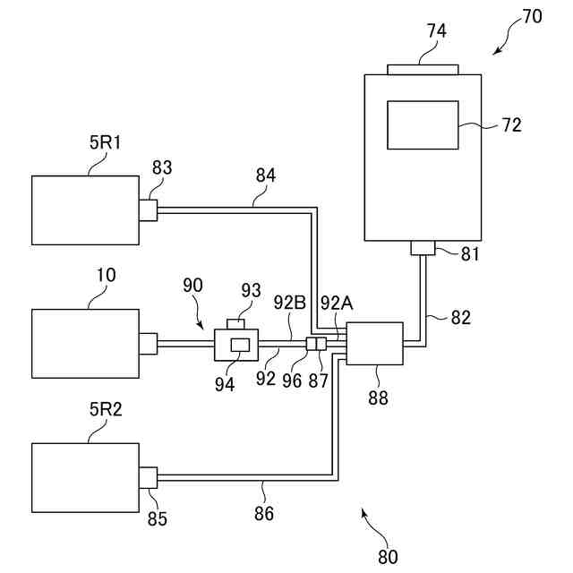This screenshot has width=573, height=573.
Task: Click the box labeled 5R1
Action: point(86,210)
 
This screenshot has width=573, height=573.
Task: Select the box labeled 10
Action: point(86,344)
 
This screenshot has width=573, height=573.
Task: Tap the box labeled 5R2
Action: point(86,477)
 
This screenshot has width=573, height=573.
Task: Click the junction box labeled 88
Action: point(374,344)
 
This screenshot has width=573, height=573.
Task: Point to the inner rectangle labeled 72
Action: point(423,125)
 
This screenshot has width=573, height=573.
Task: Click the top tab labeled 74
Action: point(423,70)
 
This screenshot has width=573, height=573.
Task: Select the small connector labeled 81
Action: point(423,248)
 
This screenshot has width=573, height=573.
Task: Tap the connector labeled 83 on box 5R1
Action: point(149,210)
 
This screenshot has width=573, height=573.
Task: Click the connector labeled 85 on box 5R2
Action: point(149,477)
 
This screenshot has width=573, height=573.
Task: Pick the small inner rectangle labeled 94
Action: point(240,345)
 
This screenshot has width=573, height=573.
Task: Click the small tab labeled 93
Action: point(235,324)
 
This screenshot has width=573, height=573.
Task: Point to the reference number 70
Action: point(532,16)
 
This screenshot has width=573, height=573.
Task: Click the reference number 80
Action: point(388,557)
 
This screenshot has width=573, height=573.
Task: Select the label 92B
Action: point(290,303)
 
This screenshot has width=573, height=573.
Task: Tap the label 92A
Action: point(337,303)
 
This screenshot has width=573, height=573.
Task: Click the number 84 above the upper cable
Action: point(266,175)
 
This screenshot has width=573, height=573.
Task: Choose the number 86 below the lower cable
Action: point(264,513)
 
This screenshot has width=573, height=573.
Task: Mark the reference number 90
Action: point(192,286)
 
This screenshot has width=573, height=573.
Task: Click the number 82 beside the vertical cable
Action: point(461,318)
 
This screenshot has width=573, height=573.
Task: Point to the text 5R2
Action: point(106,410)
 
